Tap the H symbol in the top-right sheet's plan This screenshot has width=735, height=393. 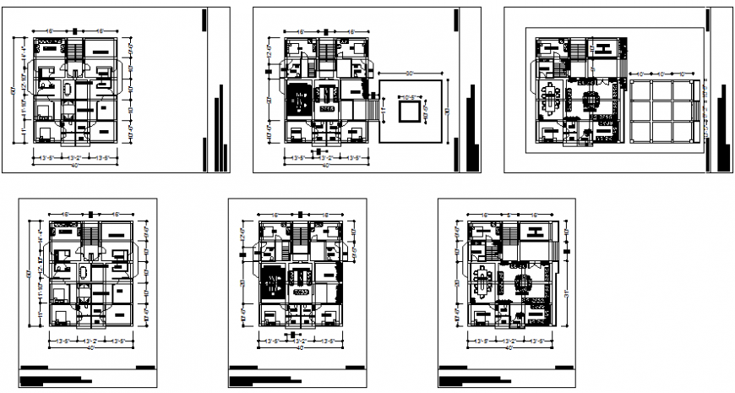point(605,47)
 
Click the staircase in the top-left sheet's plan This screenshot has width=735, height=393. point(73,48)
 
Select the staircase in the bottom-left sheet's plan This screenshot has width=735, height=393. point(90,233)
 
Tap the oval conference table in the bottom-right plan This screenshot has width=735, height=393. point(483,279)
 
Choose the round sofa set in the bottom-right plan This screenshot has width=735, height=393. point(520,280)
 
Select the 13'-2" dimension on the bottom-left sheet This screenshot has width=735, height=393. point(90,341)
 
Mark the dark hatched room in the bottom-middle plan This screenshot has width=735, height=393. point(273,279)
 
